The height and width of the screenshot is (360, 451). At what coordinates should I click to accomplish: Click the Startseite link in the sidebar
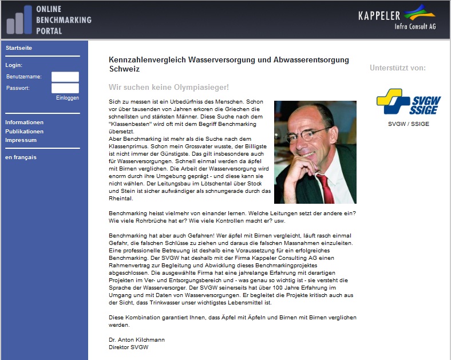(19, 48)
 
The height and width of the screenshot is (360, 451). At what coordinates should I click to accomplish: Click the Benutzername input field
(65, 77)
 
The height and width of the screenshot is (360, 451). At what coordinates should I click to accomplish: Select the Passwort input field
(65, 88)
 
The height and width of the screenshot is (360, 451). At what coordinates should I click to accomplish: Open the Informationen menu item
(24, 122)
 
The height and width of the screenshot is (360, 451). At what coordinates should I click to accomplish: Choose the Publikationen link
(24, 131)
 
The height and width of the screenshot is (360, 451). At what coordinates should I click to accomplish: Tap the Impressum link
(21, 140)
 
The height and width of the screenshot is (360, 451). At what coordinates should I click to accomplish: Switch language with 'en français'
(21, 157)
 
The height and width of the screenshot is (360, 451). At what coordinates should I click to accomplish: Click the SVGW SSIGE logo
(401, 101)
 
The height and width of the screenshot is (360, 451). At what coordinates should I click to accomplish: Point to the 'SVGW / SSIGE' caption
(408, 124)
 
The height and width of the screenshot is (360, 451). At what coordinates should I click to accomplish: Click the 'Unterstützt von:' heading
(398, 68)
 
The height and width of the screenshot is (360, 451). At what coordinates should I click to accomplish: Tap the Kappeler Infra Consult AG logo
(396, 20)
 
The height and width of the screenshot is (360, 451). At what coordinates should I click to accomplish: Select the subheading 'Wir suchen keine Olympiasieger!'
(169, 87)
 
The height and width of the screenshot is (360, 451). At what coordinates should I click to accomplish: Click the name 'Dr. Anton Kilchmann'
(136, 340)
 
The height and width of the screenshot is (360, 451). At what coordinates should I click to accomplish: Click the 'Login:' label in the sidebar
(14, 65)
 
